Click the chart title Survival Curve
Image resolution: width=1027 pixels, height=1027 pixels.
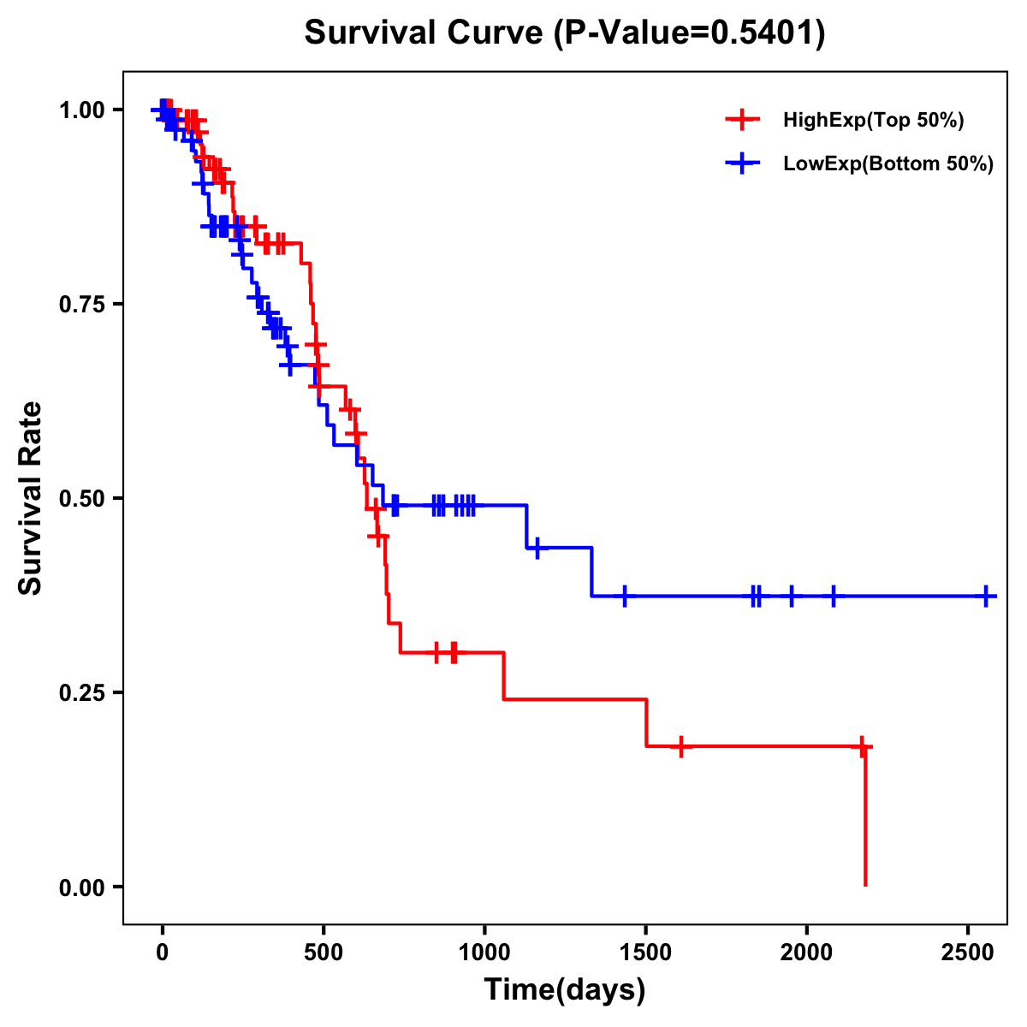[x=565, y=33]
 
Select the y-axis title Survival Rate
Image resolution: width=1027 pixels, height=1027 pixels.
[x=31, y=497]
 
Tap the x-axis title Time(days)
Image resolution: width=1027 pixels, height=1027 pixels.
[x=565, y=990]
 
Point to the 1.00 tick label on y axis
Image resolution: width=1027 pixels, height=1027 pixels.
[x=81, y=110]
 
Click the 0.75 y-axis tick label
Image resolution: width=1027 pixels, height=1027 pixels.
[x=81, y=305]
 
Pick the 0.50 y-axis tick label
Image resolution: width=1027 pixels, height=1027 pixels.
[x=81, y=499]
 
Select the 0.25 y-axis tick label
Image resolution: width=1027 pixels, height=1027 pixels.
[x=81, y=693]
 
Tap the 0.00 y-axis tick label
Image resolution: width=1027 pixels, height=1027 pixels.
[x=81, y=887]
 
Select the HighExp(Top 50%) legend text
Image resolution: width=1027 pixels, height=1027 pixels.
[x=874, y=121]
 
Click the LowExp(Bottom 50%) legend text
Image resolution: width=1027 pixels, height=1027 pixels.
[x=888, y=164]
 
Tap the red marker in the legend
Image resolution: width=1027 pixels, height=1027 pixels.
[x=742, y=120]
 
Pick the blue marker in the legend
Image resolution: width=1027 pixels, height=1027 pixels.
[x=742, y=163]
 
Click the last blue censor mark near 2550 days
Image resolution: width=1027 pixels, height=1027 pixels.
[x=986, y=596]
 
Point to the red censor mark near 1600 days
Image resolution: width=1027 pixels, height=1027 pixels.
[x=680, y=746]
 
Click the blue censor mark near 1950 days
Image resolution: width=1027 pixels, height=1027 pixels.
[x=791, y=596]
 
